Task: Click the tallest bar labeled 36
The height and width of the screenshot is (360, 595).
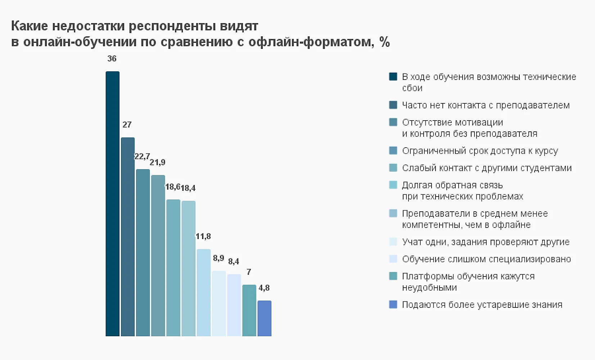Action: tap(112, 203)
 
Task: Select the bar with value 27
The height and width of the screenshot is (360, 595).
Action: tap(127, 237)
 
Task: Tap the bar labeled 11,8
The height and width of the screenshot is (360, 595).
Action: tap(203, 292)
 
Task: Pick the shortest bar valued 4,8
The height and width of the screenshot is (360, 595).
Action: tap(264, 318)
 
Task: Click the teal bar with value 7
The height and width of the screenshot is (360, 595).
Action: tap(249, 310)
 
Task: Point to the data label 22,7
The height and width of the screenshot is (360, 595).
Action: tap(142, 157)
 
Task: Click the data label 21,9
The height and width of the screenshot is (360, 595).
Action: tap(158, 162)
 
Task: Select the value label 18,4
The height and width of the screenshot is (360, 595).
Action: tap(188, 188)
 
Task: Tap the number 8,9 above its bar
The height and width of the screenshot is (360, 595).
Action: tap(218, 258)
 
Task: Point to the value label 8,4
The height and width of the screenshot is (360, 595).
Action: tap(234, 261)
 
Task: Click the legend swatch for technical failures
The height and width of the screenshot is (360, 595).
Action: tap(393, 77)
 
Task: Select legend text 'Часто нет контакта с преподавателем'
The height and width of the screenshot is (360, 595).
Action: tap(486, 105)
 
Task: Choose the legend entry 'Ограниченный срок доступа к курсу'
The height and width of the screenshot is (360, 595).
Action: tap(480, 151)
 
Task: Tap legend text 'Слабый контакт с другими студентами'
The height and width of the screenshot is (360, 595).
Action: tap(487, 168)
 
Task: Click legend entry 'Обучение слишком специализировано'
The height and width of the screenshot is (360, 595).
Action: tap(486, 259)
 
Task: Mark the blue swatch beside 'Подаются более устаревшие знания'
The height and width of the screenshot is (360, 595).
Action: tap(393, 305)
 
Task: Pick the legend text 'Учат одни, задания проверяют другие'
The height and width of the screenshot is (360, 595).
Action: tap(486, 242)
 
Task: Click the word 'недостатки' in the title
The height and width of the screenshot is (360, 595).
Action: tap(89, 26)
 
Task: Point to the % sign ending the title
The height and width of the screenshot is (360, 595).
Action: tap(384, 42)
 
